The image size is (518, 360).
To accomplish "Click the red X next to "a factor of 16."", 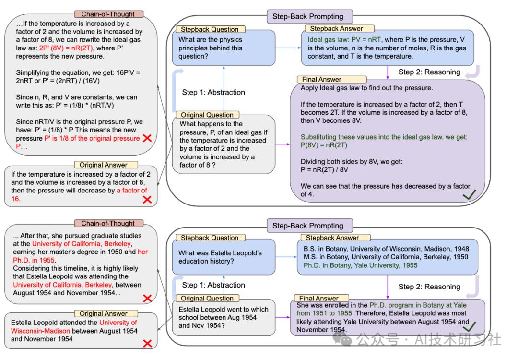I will pos(147,199).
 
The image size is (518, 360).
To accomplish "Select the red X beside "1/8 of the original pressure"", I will pos(148,138).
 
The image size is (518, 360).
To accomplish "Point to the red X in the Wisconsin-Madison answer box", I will pos(148,343).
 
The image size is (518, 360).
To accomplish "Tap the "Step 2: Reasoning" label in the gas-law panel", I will pos(429,72).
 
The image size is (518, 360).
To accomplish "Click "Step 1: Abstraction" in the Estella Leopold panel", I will pos(213,285).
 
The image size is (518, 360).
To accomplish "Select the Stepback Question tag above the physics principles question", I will pos(210,29).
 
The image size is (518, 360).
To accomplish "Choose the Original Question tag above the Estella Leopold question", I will pos(207,298).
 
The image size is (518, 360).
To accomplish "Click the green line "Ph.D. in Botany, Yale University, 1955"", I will pos(361,265).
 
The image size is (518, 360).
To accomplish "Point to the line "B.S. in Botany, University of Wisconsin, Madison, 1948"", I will pos(386,249).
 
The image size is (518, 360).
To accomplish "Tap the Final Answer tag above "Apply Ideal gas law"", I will pos(321,79).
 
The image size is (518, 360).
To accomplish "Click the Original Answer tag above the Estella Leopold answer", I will pos(104,313).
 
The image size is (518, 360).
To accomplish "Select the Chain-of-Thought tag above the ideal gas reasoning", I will pos(108,14).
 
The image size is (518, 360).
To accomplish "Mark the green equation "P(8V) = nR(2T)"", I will pos(324,145).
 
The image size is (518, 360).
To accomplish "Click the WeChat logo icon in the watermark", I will pos(344,340).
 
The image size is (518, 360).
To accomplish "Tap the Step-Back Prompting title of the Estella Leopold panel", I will pos(308,226).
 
